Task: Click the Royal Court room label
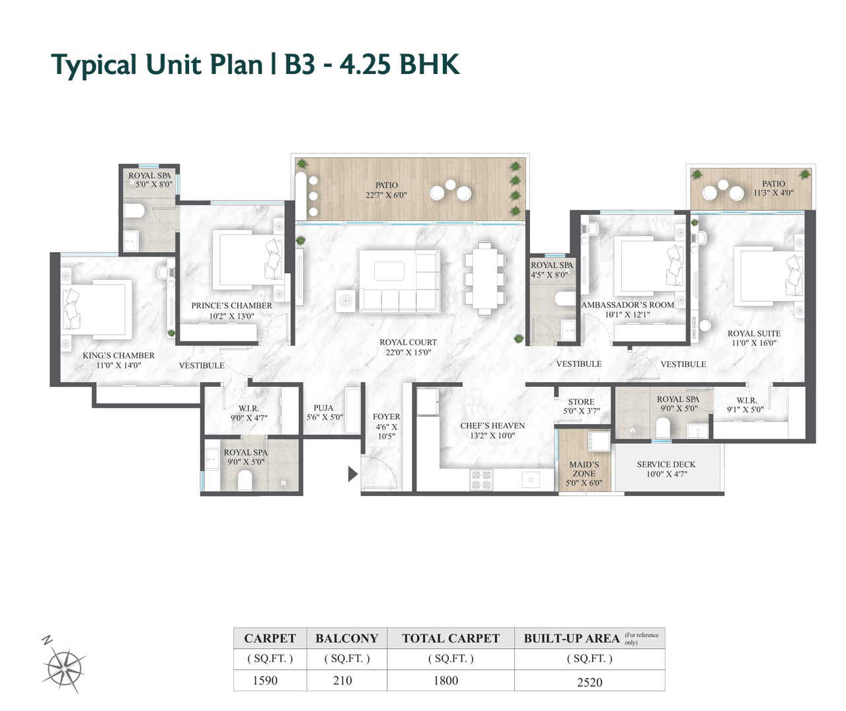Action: [x=408, y=343]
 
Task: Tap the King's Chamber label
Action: [x=118, y=356]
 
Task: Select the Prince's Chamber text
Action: [x=231, y=306]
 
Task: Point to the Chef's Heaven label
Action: [x=492, y=426]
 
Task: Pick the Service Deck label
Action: [x=666, y=465]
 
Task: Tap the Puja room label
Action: [x=324, y=409]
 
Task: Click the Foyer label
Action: [x=387, y=417]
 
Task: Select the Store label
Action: [x=581, y=402]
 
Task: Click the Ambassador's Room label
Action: [x=627, y=305]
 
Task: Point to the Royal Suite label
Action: [x=753, y=334]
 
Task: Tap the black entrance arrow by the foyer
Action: [x=352, y=474]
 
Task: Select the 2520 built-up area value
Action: [x=589, y=682]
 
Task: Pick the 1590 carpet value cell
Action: [x=265, y=681]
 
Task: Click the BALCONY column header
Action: [x=346, y=638]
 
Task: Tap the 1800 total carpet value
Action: [x=445, y=681]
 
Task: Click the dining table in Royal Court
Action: [x=484, y=278]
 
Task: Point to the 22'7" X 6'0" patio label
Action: [x=386, y=190]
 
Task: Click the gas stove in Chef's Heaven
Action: [x=481, y=480]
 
